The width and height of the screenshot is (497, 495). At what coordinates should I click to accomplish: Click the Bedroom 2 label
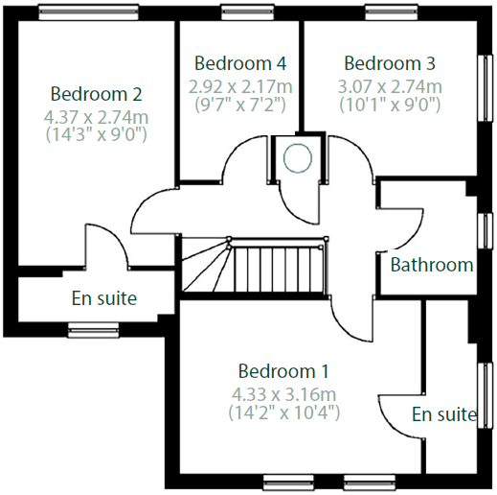coord(96,94)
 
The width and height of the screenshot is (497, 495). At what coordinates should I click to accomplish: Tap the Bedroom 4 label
coord(240,63)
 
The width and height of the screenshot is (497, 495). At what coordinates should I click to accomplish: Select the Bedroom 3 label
coord(390,63)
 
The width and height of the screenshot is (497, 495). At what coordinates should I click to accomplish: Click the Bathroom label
coord(432,265)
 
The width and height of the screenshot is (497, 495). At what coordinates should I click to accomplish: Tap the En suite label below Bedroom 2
coord(104,298)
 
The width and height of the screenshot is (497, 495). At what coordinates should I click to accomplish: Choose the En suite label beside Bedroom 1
coord(444,414)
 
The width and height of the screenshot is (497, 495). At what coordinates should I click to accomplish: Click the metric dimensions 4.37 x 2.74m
coord(96,116)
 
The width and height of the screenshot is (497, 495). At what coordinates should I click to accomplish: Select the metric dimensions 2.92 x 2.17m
coord(240,85)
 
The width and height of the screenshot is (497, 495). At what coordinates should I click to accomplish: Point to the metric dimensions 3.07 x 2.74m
coord(390,85)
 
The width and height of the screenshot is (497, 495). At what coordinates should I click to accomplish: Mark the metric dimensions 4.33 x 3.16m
coord(283,393)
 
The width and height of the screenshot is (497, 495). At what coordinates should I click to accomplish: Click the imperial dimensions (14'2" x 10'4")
coord(283,413)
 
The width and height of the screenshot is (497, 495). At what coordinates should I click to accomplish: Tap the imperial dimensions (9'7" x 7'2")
coord(240,105)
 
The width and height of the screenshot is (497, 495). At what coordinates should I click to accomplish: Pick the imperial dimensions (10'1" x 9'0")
coord(390,105)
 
